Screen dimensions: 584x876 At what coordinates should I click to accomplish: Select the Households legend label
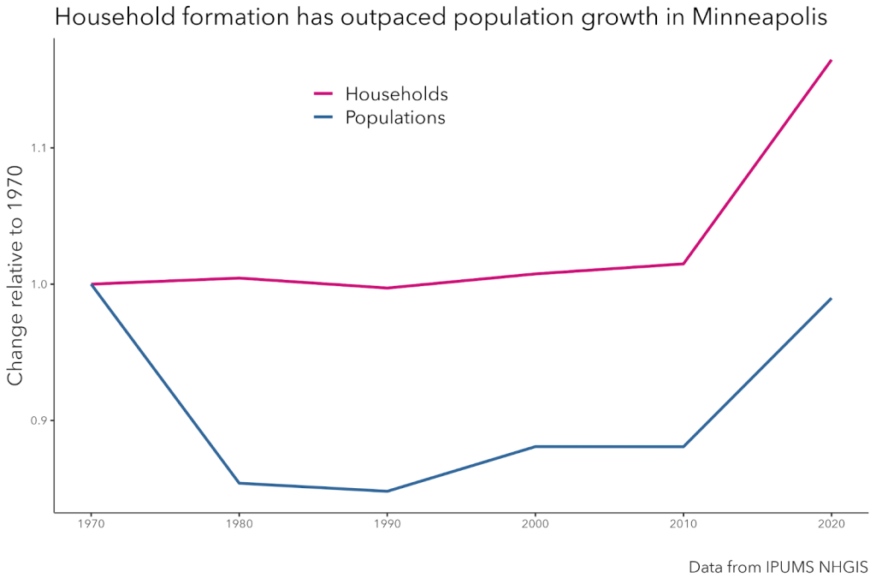[x=396, y=93]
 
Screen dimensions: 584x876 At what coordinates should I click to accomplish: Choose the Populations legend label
[x=395, y=117]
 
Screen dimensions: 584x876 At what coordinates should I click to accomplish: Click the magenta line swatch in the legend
[x=323, y=93]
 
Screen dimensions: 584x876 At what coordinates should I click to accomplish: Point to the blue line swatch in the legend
[x=323, y=117]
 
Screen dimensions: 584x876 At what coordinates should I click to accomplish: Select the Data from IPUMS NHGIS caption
[x=778, y=567]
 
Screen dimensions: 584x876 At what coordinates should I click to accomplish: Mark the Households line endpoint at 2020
[x=831, y=61]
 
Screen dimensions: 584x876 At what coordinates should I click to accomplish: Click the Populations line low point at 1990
[x=387, y=491]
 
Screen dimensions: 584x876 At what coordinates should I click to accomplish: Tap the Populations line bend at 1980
[x=239, y=483]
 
